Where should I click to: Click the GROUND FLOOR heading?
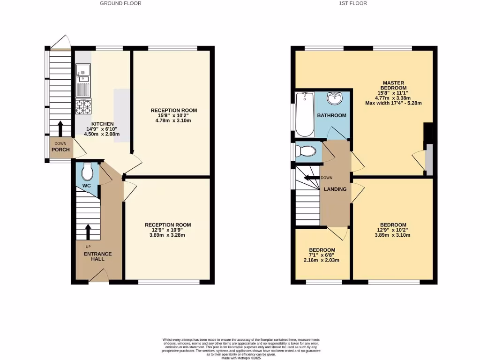click(x=120, y=3)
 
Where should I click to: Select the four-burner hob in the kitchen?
click(x=83, y=107)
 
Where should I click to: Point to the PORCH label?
click(x=61, y=150)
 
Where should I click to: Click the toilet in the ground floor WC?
click(x=87, y=172)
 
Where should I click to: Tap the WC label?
click(x=86, y=186)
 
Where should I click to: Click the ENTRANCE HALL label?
click(x=97, y=256)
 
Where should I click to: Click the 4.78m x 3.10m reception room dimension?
click(x=173, y=120)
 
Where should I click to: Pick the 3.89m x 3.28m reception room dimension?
click(x=168, y=235)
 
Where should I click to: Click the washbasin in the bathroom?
click(x=334, y=99)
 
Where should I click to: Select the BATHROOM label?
click(x=331, y=115)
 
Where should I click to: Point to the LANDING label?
click(x=335, y=189)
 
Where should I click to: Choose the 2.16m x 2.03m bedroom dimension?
click(x=322, y=260)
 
